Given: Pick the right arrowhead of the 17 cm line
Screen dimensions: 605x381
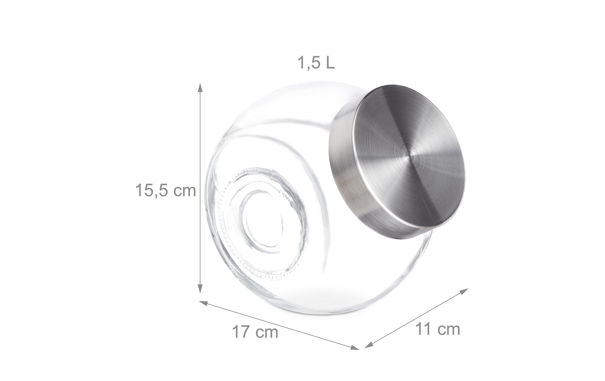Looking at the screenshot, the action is tap(355, 347).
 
